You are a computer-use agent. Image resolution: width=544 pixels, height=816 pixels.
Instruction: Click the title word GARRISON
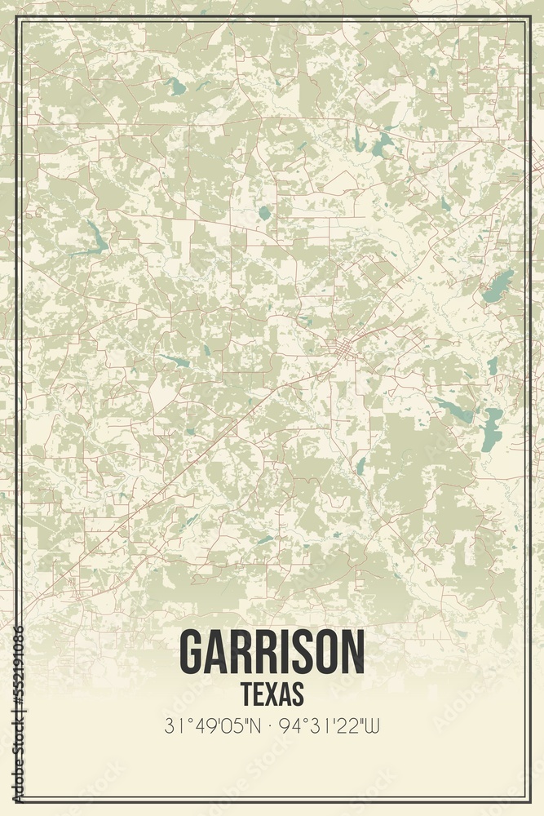tap(272, 653)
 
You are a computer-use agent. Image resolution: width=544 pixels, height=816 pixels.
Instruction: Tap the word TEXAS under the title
tap(272, 693)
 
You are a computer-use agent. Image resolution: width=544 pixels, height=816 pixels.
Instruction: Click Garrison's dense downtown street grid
tap(343, 349)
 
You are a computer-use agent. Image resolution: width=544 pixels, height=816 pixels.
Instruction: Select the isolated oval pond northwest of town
tap(264, 213)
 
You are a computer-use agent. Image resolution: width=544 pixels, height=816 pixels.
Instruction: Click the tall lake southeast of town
tap(491, 430)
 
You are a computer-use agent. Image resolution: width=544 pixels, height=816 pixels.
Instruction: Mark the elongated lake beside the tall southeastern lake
tap(453, 410)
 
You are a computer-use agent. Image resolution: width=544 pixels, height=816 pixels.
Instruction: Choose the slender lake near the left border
tap(95, 238)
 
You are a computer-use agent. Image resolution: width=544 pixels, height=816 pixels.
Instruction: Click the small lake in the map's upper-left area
tap(175, 86)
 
